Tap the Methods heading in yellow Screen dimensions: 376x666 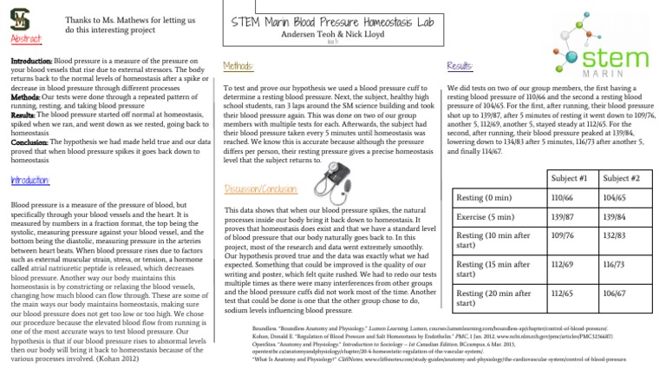pyautogui.click(x=238, y=66)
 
